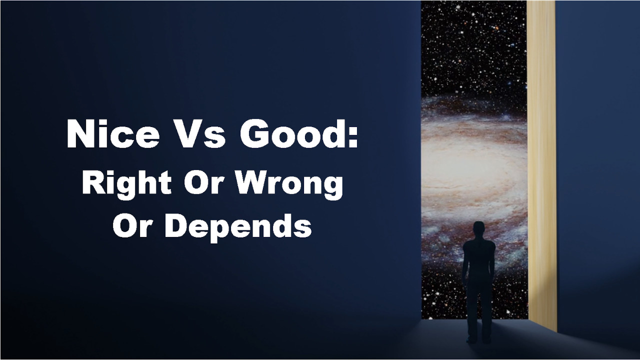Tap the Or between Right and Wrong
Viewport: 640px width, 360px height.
[203, 182]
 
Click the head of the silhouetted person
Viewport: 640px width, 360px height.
[479, 230]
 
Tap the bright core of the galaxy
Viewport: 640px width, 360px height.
[468, 165]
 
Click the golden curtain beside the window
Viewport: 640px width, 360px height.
[541, 165]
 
